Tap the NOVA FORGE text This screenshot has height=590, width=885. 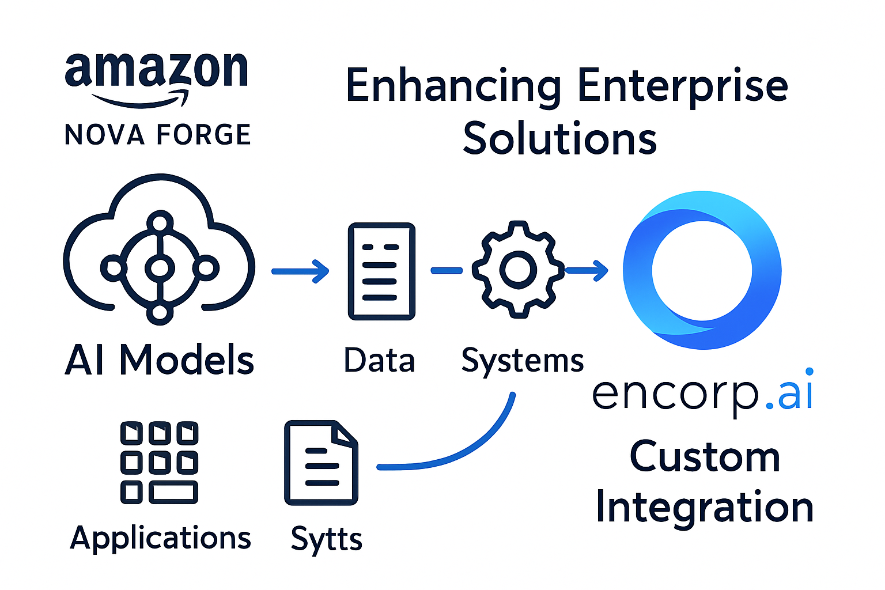click(x=157, y=135)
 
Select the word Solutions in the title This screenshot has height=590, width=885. click(x=559, y=139)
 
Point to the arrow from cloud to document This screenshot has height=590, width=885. click(x=300, y=271)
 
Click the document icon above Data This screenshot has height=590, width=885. click(x=381, y=271)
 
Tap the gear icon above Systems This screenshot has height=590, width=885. click(x=518, y=268)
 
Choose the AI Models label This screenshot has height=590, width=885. click(x=159, y=360)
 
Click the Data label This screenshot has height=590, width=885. click(x=379, y=361)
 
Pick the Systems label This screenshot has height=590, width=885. click(x=522, y=362)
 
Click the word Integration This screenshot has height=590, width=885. click(x=704, y=508)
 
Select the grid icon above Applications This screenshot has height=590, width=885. click(x=159, y=462)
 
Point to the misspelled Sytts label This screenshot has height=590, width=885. click(x=326, y=539)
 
